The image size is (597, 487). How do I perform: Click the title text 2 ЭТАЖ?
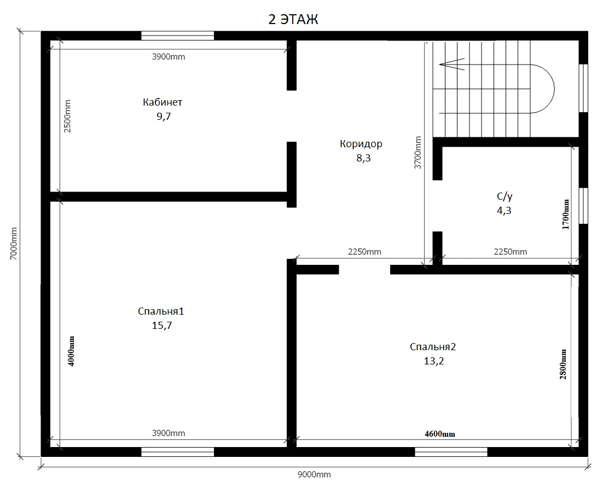(293, 19)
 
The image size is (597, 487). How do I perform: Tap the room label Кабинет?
(163, 102)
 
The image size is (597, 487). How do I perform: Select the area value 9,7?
(163, 117)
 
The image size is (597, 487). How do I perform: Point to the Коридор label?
(361, 144)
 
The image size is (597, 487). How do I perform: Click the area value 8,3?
(363, 158)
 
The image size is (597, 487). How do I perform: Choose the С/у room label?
(505, 196)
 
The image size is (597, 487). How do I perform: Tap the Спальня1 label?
(161, 311)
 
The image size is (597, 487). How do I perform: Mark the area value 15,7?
(162, 326)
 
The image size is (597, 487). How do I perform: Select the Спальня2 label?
(433, 347)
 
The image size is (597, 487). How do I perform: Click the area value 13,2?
(434, 361)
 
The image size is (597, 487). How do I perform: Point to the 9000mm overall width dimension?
(314, 474)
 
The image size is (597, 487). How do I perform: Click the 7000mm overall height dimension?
(14, 243)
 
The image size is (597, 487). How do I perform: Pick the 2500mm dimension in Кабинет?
(67, 116)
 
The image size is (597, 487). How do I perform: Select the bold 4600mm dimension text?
(440, 434)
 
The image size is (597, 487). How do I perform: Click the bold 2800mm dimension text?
(563, 364)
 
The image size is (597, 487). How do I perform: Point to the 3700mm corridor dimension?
(418, 153)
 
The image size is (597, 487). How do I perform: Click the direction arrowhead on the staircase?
(452, 65)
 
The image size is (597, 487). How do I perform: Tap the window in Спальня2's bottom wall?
(451, 452)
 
